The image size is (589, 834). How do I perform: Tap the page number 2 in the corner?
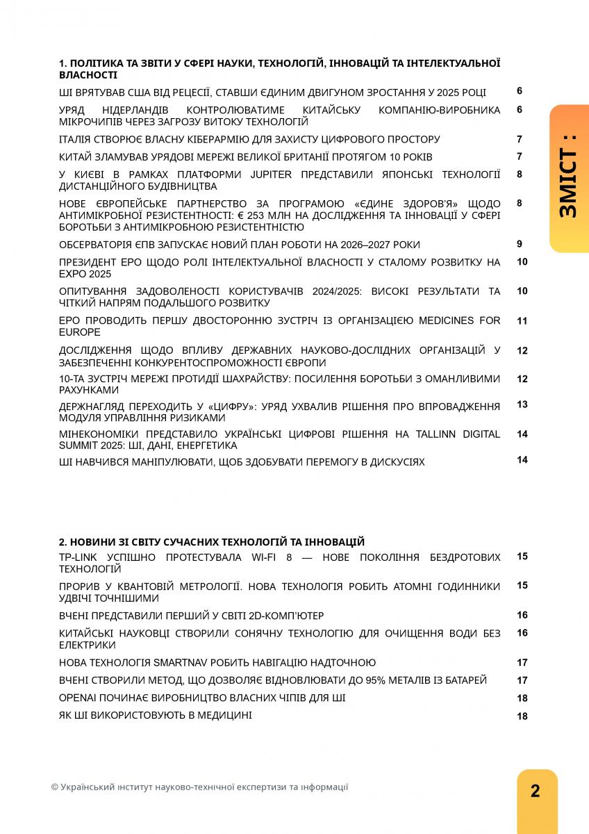[536, 791]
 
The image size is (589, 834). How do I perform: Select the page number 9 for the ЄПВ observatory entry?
[520, 244]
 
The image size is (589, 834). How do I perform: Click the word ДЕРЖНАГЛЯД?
[93, 406]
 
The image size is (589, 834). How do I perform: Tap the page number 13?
[522, 404]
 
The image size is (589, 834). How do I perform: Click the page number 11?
[522, 321]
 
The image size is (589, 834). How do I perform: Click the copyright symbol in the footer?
[54, 787]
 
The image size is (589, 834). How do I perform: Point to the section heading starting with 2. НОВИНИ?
[212, 542]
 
